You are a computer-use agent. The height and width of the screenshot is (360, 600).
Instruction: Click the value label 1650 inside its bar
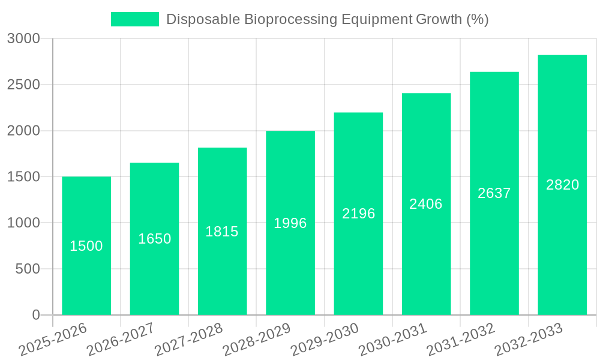tap(155, 239)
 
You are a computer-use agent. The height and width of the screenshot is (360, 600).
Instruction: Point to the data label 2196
tap(359, 214)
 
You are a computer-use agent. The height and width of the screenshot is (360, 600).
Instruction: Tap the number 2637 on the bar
tap(494, 193)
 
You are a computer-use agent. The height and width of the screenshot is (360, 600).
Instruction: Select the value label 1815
tap(222, 232)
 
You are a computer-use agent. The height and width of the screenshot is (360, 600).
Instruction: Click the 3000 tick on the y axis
tap(23, 38)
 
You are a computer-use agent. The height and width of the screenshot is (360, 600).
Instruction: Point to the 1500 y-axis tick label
tap(23, 177)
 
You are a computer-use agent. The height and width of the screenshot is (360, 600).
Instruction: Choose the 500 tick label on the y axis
tap(28, 269)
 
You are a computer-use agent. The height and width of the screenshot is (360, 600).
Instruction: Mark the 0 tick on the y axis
tap(35, 315)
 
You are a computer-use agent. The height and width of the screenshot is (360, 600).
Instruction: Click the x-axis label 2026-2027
tap(120, 340)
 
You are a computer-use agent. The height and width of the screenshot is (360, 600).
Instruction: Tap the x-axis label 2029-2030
tap(324, 340)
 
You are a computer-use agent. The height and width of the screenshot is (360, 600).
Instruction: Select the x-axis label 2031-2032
tap(460, 340)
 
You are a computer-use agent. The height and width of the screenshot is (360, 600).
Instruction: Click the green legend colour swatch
tap(135, 19)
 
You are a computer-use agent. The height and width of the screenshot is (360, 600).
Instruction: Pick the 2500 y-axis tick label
tap(23, 85)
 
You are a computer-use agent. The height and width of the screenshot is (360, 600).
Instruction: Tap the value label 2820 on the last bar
tap(562, 185)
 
